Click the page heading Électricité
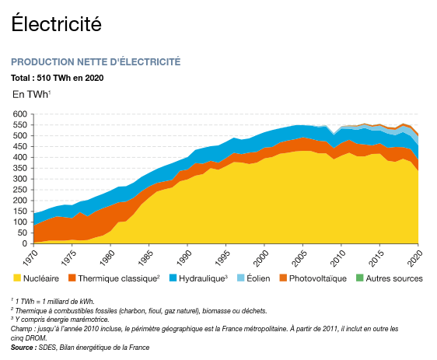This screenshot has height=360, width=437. click(56, 23)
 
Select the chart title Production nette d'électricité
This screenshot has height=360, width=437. click(96, 61)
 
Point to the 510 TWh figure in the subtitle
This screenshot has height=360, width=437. click(54, 78)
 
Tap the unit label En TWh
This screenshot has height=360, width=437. click(30, 94)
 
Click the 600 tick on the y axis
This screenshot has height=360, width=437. click(19, 114)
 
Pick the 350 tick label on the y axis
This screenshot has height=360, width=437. click(19, 168)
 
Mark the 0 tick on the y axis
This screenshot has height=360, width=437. click(25, 243)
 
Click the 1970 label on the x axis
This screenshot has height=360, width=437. click(30, 257)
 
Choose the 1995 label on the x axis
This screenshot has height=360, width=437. click(222, 257)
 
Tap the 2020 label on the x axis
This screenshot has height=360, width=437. click(414, 257)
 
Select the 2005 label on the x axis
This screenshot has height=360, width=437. click(299, 257)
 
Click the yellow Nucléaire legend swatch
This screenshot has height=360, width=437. click(17, 278)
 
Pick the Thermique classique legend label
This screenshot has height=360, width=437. click(118, 278)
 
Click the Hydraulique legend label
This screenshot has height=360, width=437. click(203, 278)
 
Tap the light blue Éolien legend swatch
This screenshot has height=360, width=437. click(240, 278)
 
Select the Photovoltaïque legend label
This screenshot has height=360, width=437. click(318, 278)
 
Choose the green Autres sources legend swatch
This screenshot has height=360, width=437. click(360, 278)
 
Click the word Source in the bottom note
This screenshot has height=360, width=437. click(23, 348)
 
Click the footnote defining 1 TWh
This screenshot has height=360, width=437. click(53, 302)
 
